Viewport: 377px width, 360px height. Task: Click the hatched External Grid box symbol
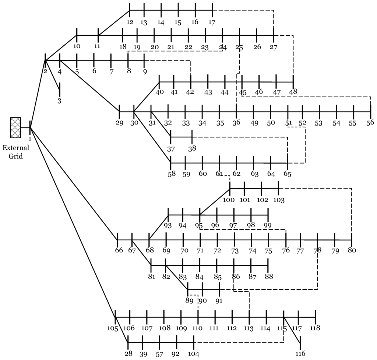15,127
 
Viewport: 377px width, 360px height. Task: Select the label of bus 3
59,101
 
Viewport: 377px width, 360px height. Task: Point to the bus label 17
212,22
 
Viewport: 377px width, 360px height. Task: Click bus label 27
274,47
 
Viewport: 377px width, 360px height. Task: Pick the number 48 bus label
293,91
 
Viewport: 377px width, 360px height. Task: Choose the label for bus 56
370,123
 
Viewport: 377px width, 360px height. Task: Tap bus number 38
192,148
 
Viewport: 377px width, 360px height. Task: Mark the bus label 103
279,200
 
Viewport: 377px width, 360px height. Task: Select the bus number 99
268,225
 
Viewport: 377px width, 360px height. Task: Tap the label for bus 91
219,300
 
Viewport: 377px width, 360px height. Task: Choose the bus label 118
315,328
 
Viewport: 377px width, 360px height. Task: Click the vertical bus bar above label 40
159,81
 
